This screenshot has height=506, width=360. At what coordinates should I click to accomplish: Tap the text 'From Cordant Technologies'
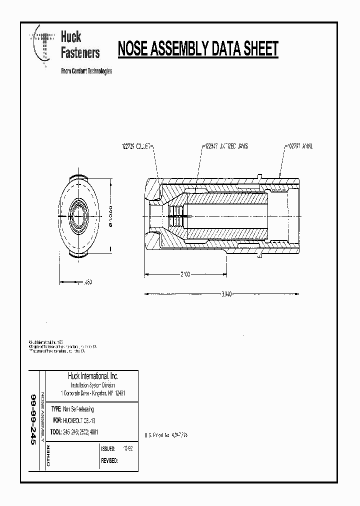[86, 71]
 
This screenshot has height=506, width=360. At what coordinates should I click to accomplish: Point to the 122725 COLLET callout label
[136, 146]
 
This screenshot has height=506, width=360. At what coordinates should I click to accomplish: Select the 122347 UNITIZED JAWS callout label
[226, 146]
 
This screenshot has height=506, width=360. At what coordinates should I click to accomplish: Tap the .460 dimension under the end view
[87, 282]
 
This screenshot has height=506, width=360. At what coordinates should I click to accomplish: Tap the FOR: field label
[56, 420]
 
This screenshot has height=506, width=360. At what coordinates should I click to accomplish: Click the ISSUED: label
[108, 449]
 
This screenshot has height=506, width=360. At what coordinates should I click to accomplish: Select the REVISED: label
[109, 460]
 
